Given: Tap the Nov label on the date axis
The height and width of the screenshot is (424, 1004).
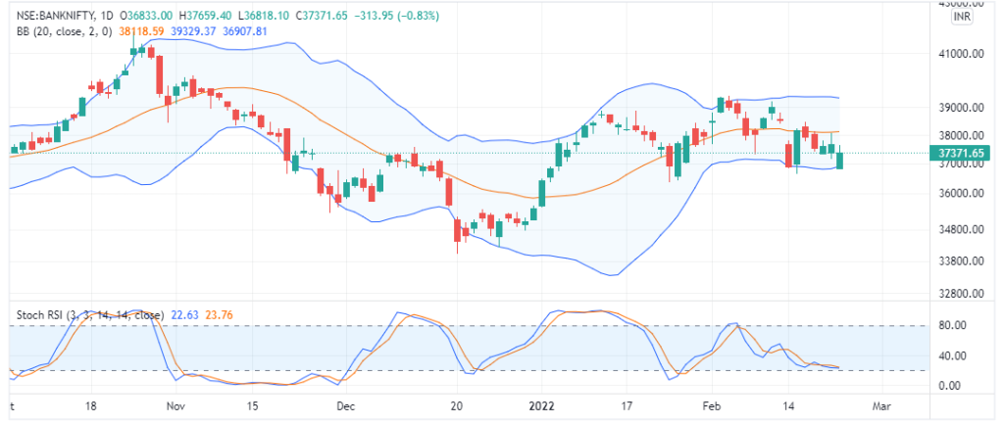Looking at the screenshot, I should click(x=176, y=403).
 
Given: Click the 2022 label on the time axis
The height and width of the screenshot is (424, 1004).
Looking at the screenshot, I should click(x=541, y=403).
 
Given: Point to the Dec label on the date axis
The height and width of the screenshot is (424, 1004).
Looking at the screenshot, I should click(x=345, y=403).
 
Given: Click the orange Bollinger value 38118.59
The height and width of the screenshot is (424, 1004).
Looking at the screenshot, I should click(x=141, y=31).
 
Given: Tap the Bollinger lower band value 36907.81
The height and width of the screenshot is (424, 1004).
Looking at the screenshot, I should click(x=246, y=31).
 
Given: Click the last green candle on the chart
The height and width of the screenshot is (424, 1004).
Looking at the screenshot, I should click(x=838, y=160).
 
